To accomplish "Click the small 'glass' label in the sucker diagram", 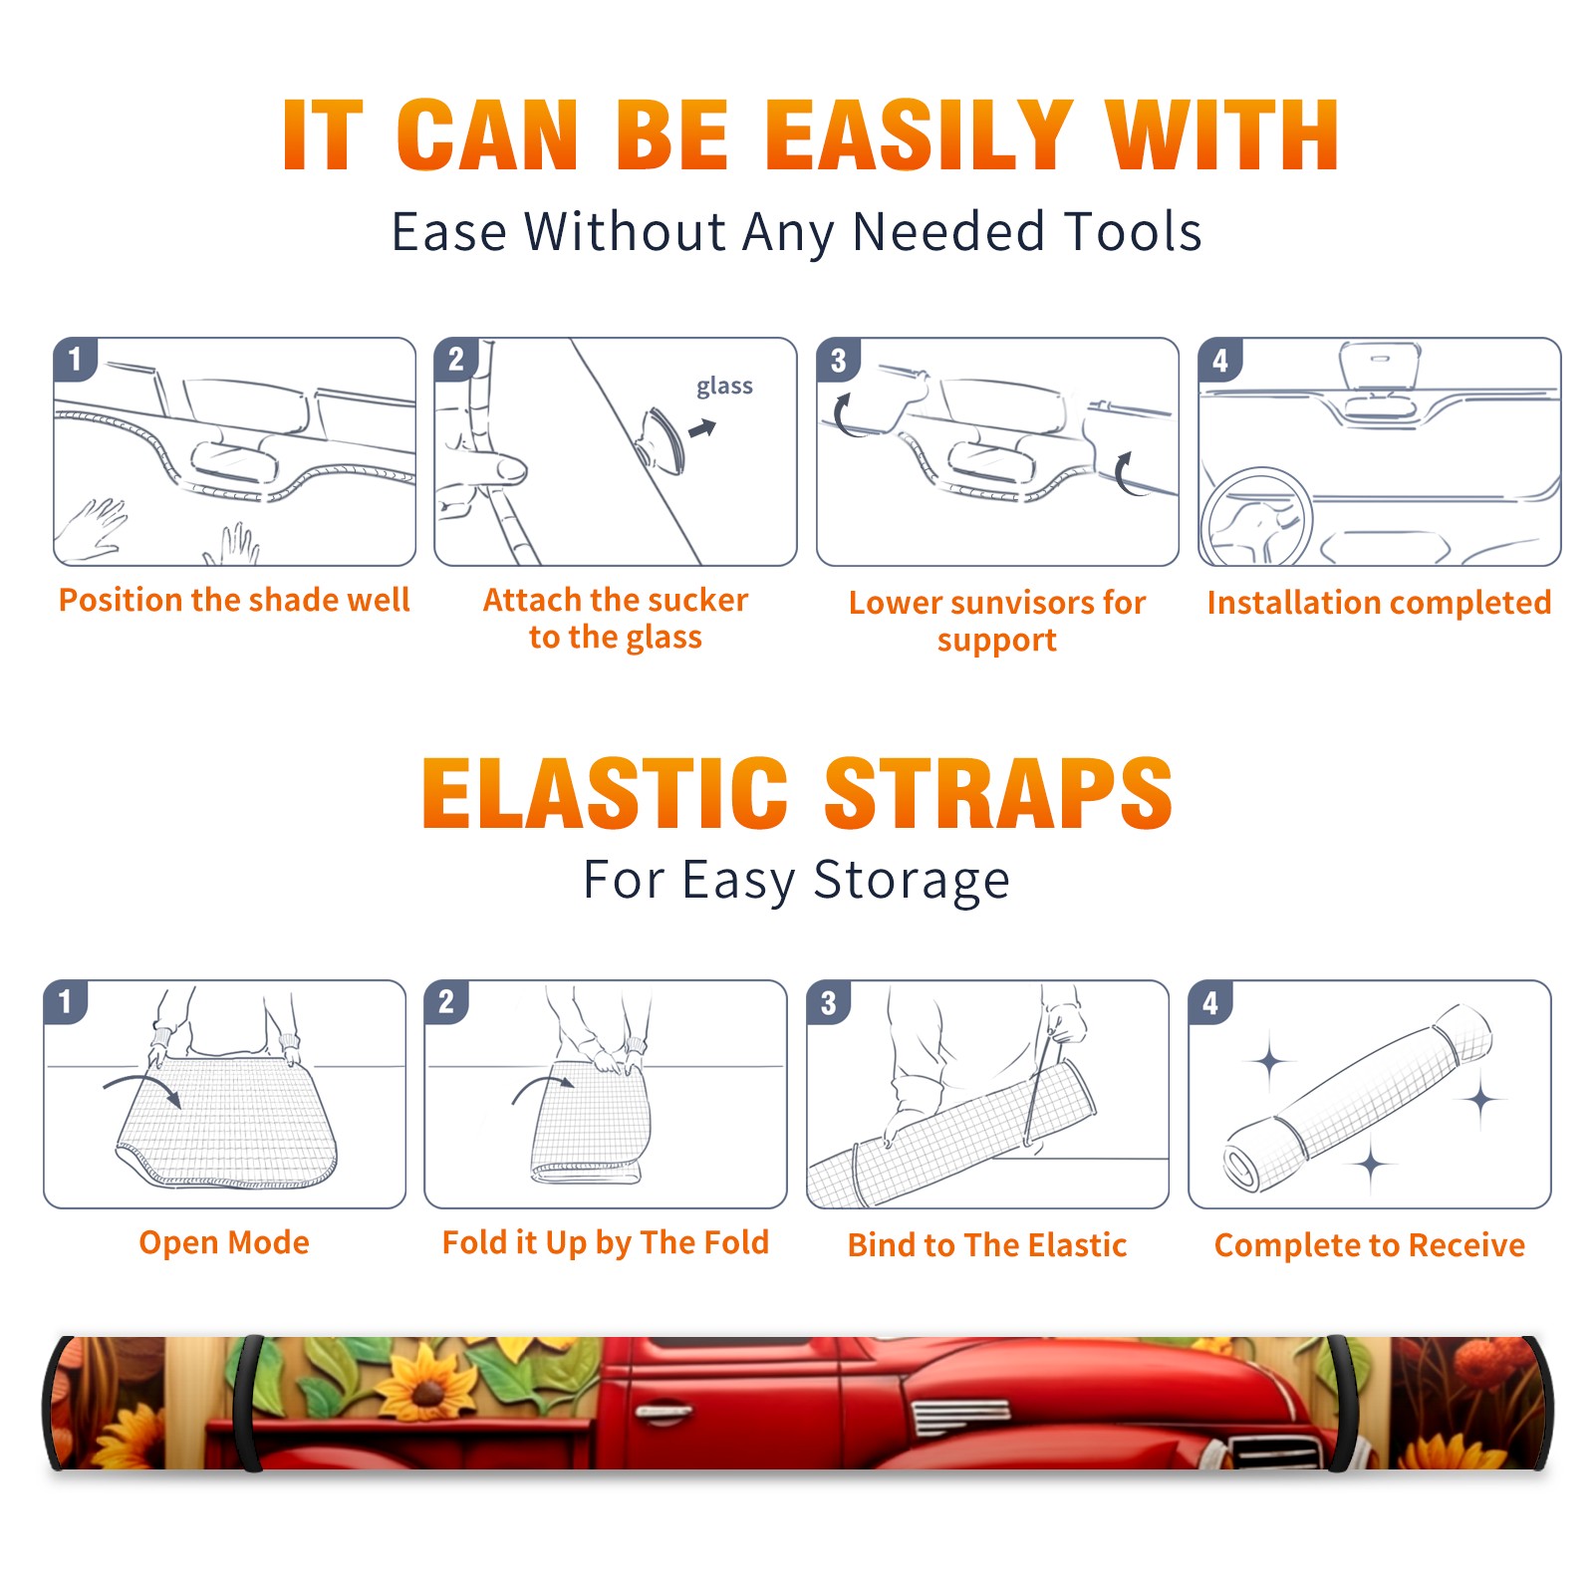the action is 724,386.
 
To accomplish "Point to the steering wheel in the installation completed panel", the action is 1256,516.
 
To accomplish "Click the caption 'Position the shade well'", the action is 234,600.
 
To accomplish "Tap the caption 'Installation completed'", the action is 1379,602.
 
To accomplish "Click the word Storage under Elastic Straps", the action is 912,881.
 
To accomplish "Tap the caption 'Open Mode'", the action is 224,1242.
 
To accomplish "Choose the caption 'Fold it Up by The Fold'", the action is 606,1242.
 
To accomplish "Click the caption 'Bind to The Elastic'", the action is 987,1244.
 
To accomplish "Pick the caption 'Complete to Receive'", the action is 1370,1245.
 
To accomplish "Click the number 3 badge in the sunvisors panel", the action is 838,360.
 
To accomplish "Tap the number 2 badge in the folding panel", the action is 446,1001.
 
